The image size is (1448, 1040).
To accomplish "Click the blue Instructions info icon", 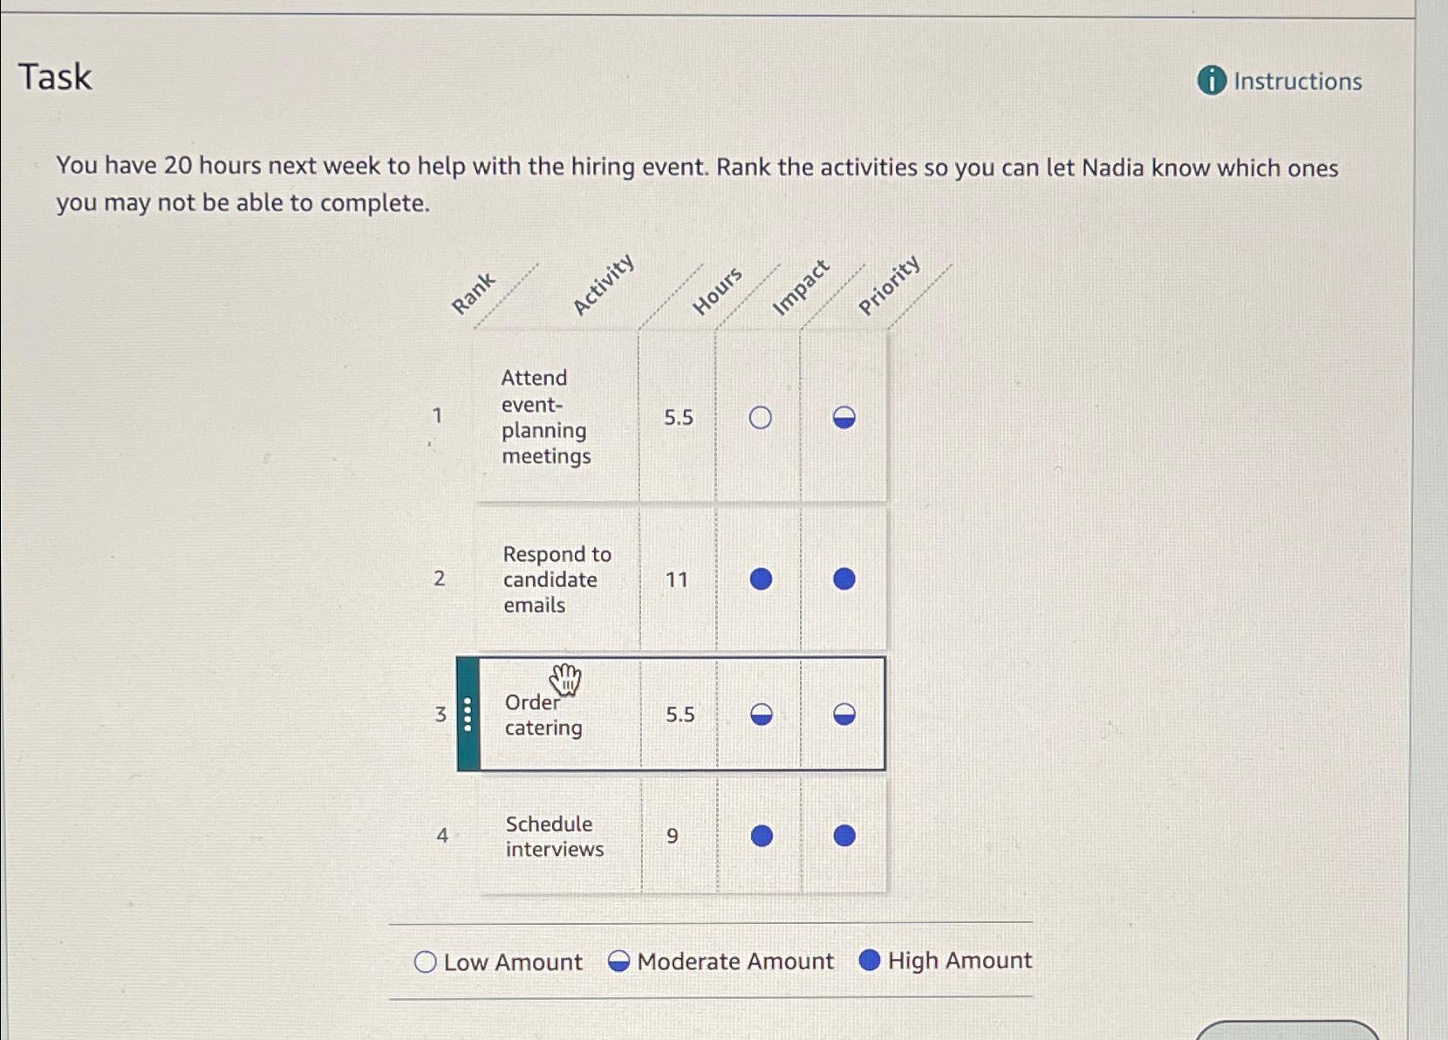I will point(1212,80).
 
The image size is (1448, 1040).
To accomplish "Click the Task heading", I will point(55,77).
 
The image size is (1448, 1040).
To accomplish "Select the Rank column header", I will point(473,293).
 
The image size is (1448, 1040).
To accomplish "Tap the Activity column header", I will point(603,284).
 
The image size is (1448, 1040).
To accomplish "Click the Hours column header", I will point(717,291).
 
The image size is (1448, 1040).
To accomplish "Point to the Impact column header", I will point(801,286).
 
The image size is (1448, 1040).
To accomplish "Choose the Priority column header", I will point(889,284).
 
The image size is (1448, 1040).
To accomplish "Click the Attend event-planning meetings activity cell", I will point(546,417).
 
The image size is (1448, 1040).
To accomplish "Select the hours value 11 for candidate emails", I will point(677,579).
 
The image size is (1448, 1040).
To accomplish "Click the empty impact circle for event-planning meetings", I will point(760,418).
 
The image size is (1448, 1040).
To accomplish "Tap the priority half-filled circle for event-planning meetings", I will point(844,418).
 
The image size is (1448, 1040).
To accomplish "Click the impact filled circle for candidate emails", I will point(761,579).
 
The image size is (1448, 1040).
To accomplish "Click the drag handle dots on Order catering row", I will point(468,715).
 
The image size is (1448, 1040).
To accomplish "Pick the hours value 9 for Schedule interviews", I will point(672,836).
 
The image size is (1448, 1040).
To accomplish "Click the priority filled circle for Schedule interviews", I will point(844,836).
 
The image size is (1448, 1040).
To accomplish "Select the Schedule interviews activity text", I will point(553,836).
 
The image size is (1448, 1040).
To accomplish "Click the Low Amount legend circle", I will point(425,961).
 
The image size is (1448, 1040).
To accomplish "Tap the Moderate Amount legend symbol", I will point(618,961).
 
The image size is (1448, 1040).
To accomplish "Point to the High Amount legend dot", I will point(869,960).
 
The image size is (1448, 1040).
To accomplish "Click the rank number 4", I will point(442,836).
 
